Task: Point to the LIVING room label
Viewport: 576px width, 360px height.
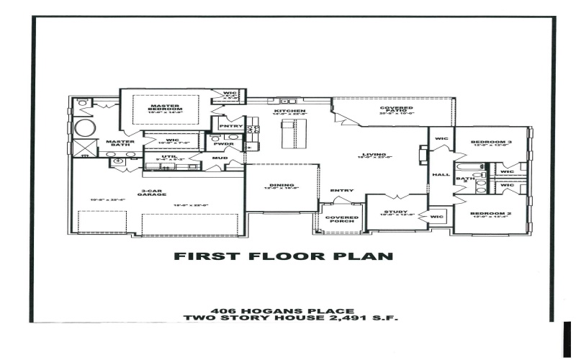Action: click(x=374, y=154)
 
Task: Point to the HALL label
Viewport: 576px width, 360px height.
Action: click(x=440, y=174)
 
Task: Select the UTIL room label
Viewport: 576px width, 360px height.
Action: click(x=169, y=156)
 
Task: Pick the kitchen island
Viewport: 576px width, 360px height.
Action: click(x=289, y=133)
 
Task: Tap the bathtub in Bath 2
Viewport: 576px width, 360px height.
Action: click(x=461, y=186)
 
